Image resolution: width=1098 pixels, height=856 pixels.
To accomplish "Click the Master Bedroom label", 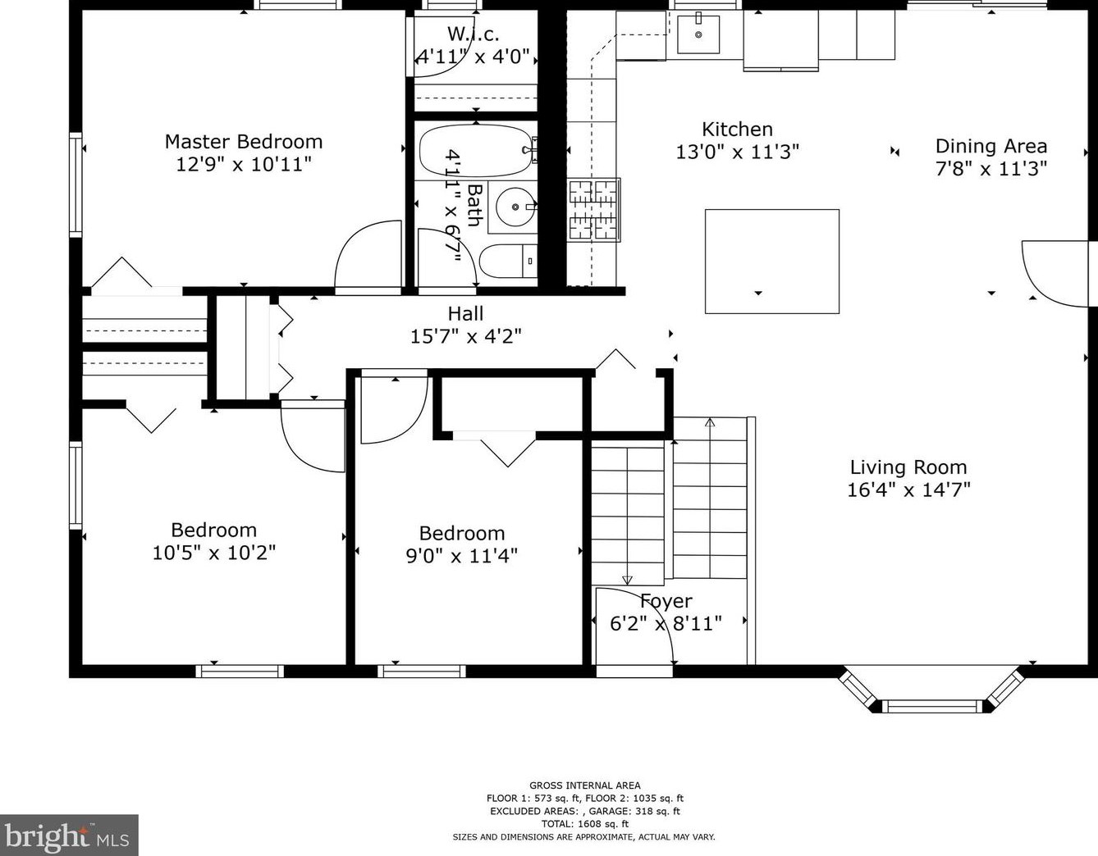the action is coord(244,142).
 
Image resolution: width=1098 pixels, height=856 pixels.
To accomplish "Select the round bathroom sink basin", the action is coord(515,207).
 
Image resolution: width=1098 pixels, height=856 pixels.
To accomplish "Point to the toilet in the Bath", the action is coord(508,261).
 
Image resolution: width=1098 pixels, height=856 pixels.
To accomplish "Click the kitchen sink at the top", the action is coord(698,34).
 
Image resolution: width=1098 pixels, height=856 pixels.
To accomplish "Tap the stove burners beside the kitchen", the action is coord(593,210).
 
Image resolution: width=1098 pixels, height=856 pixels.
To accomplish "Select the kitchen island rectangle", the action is coord(772,262).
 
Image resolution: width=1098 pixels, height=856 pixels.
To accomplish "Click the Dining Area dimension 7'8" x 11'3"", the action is coord(990,169).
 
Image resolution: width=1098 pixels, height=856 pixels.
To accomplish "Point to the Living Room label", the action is coord(908,467).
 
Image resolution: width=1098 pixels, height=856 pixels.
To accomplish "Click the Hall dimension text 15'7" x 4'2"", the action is coord(465,336).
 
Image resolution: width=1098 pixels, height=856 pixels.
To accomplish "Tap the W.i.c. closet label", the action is coord(474,34).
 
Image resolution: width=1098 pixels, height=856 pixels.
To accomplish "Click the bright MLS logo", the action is coord(69,836).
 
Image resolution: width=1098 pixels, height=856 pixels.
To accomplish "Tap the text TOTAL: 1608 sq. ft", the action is coord(584,824).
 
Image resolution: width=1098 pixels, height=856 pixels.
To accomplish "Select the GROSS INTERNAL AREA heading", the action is coord(584,785).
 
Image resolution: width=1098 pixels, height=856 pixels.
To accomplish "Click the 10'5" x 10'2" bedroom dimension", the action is coord(213,553).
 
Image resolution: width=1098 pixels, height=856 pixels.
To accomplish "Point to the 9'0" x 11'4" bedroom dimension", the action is coord(462,556).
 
